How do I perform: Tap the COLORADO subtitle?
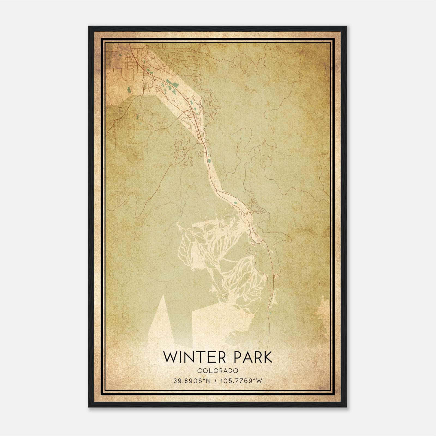click(x=218, y=371)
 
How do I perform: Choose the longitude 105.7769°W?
click(x=241, y=381)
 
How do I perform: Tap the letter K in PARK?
click(x=268, y=357)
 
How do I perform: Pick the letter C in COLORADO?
click(x=199, y=371)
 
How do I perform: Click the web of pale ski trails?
click(x=221, y=259)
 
